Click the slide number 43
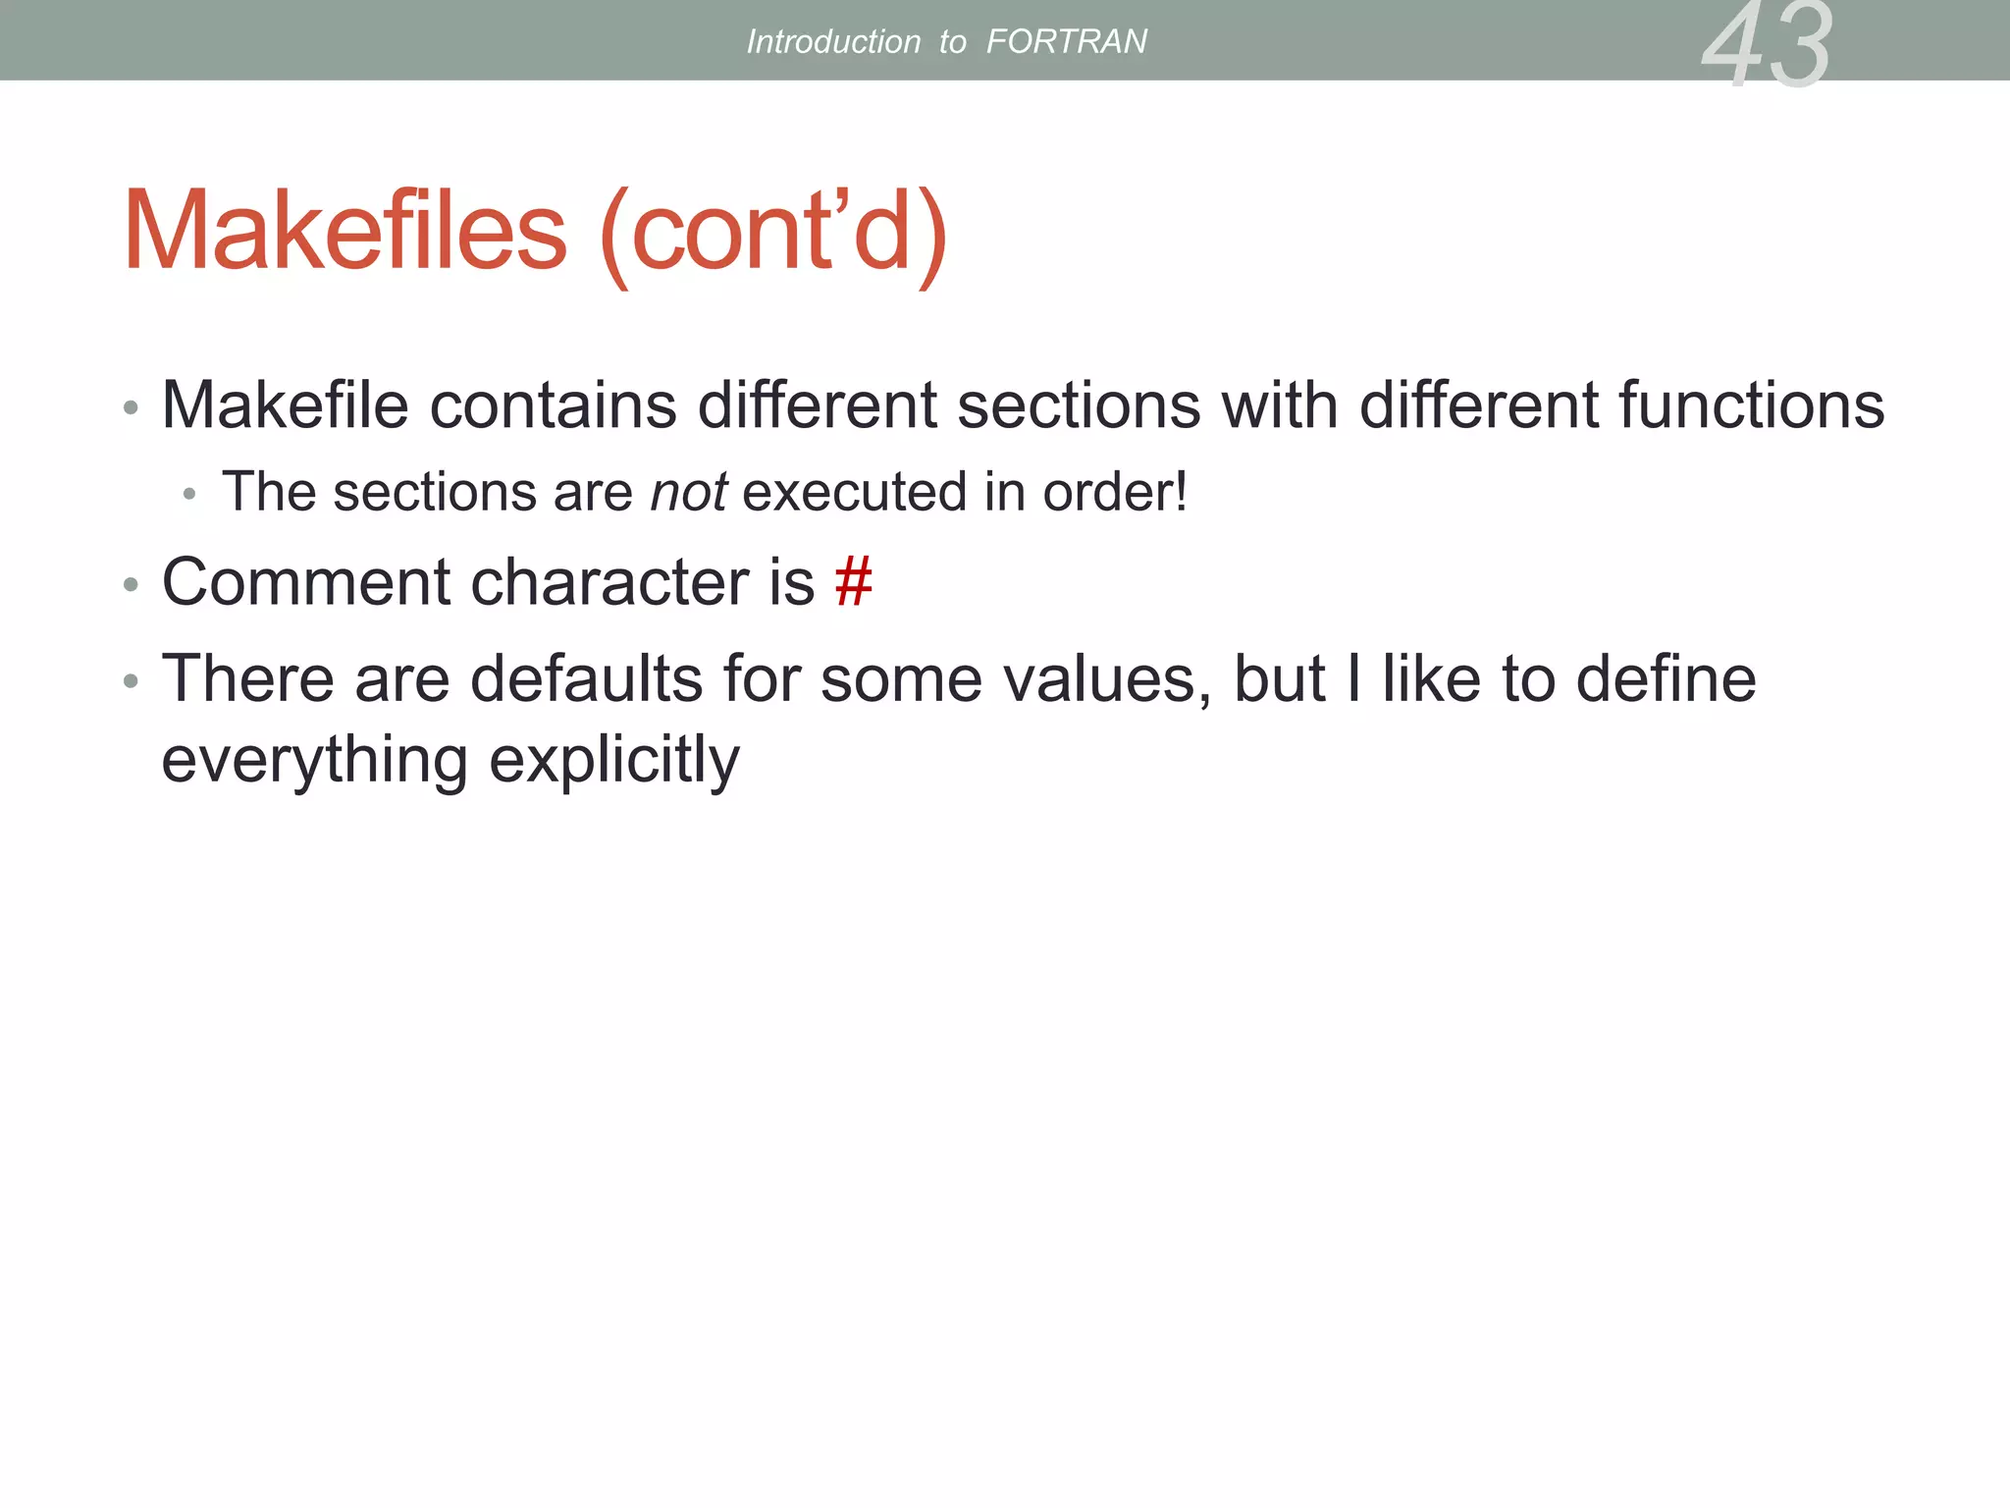1767,44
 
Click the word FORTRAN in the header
1066,41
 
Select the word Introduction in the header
833,41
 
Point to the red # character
853,581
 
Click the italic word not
689,491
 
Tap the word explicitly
614,760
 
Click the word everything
315,760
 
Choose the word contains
554,404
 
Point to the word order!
1115,491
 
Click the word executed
855,491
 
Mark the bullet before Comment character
131,585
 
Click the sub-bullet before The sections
189,495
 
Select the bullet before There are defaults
131,681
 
